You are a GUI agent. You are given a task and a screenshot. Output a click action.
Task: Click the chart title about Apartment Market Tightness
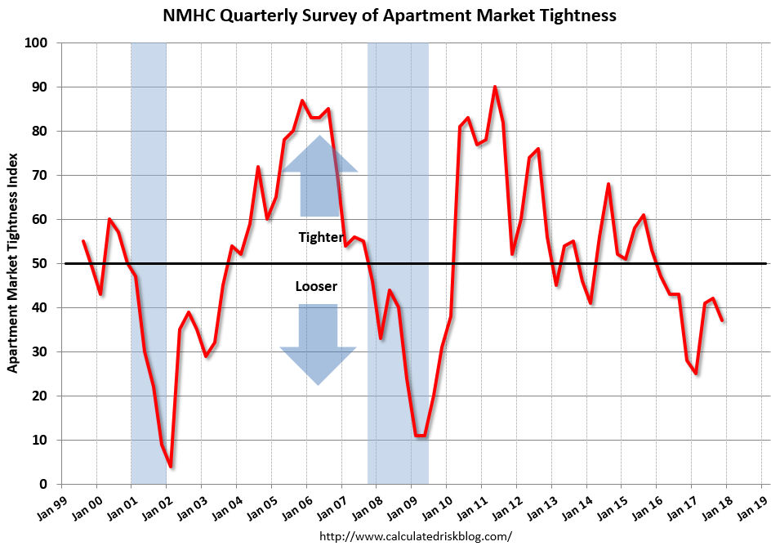point(390,16)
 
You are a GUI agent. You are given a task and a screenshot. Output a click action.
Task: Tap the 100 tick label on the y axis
point(38,43)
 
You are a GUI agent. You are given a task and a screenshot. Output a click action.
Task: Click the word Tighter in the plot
point(320,237)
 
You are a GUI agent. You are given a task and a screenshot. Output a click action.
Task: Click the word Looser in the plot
point(316,287)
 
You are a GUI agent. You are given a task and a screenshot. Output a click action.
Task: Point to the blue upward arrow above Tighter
point(319,176)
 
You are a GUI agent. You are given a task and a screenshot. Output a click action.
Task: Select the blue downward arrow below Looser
point(318,343)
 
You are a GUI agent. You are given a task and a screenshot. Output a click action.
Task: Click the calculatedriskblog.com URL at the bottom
point(415,536)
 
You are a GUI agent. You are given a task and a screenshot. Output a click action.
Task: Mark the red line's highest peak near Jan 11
point(495,87)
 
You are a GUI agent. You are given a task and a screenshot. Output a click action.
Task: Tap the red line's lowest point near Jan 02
point(170,466)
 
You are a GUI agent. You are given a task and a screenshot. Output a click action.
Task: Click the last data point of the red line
point(722,320)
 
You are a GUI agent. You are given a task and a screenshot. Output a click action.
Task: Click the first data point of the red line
point(83,241)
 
